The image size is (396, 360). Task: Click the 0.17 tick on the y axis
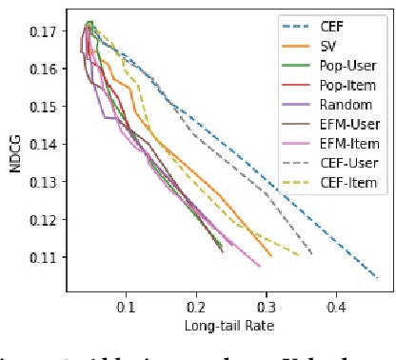[41, 31]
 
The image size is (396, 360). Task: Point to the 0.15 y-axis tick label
[41, 107]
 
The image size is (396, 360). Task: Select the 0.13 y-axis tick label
[41, 182]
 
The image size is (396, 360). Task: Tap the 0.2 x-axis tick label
[196, 308]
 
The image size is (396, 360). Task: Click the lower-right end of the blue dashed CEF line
[378, 278]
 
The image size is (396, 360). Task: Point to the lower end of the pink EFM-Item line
[261, 267]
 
